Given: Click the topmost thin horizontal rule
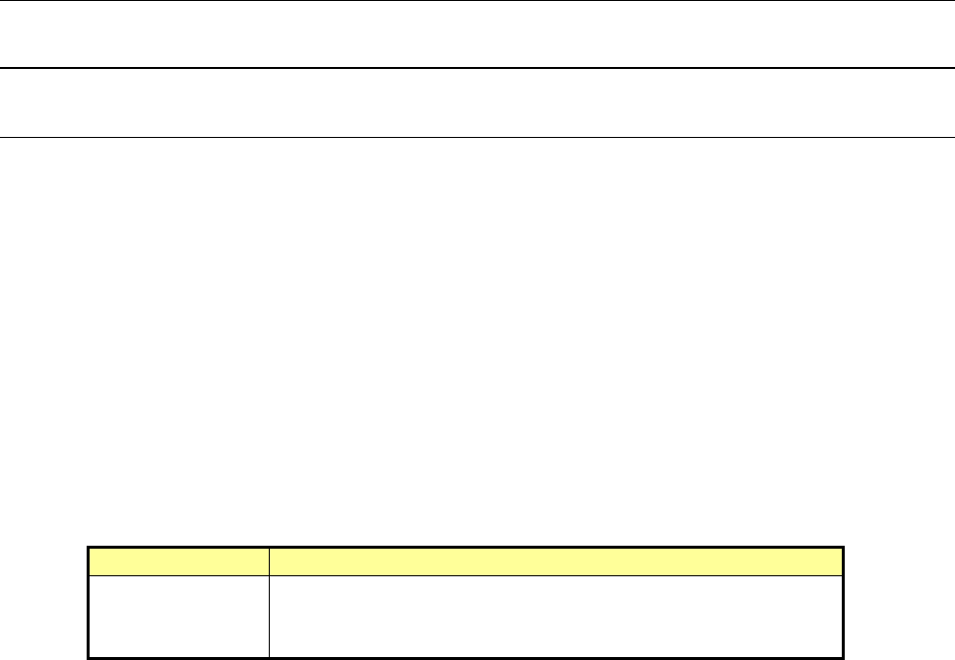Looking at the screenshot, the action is [477, 1].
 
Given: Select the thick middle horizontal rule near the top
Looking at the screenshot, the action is [477, 68].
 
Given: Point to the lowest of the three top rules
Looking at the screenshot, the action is [477, 136].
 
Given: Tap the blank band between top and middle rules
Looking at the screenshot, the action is [477, 34].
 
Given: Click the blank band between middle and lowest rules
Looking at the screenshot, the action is [477, 102].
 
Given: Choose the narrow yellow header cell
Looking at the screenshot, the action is [178, 561].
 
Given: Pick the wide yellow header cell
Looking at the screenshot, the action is [556, 561].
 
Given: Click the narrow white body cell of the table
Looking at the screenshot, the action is [178, 615].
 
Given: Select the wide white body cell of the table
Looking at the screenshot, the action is [556, 615].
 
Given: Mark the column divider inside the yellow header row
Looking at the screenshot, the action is [269, 561].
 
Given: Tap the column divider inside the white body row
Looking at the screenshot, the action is [269, 615].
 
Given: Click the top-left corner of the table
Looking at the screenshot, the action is [89, 548].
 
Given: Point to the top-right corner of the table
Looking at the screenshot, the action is [844, 548].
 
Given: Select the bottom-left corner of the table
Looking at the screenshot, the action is [89, 656].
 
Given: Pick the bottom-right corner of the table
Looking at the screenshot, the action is [844, 656].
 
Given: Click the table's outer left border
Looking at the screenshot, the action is [89, 602].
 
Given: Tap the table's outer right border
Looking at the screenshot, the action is [844, 602].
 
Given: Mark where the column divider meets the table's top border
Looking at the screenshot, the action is [269, 548].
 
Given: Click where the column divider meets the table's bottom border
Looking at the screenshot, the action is [269, 656].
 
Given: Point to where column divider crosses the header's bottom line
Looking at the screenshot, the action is [269, 574].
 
